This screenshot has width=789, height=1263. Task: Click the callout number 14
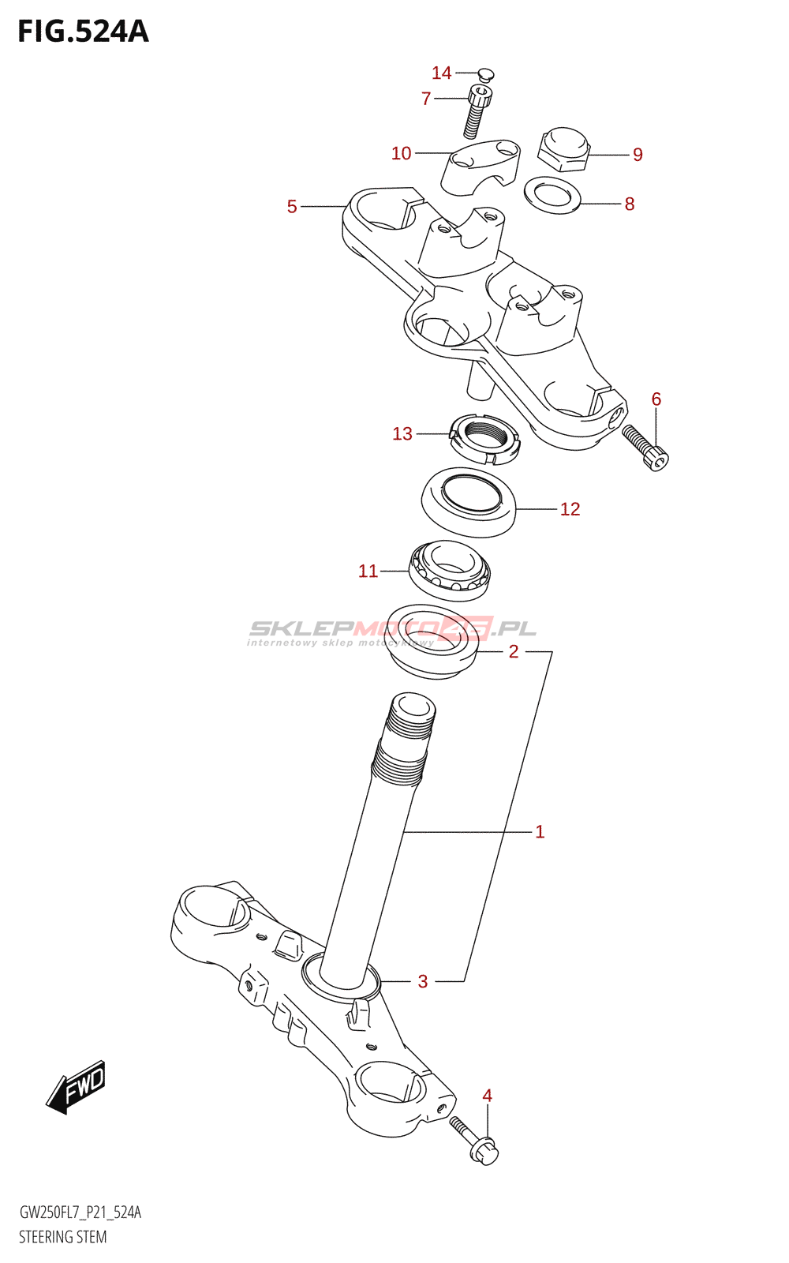(441, 73)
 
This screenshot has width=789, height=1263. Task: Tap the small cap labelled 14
(486, 75)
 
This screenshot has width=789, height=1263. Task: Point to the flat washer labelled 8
(552, 194)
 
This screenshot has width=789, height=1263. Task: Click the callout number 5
(292, 207)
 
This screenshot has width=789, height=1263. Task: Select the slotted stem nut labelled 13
(484, 440)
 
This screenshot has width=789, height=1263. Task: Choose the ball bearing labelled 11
(450, 570)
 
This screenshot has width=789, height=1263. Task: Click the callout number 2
(514, 652)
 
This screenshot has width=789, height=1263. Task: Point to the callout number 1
(540, 831)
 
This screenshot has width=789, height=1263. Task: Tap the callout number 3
(423, 981)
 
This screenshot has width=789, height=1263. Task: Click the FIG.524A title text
(83, 32)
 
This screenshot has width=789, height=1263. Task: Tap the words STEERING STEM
(63, 1237)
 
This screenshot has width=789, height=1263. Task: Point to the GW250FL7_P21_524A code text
(80, 1212)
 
